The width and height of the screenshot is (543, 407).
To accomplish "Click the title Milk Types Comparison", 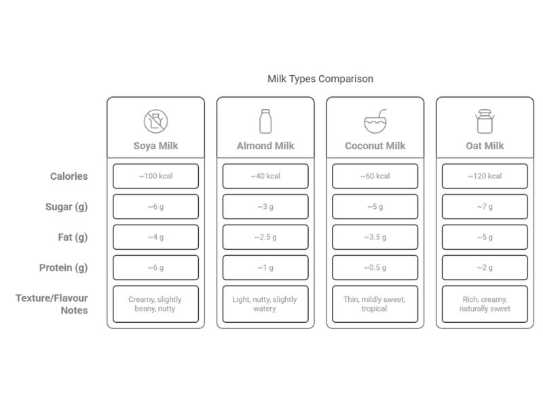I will pyautogui.click(x=320, y=79).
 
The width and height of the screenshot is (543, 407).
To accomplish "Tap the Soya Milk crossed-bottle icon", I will pyautogui.click(x=155, y=121).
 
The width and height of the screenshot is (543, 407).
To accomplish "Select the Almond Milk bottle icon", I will pyautogui.click(x=265, y=121).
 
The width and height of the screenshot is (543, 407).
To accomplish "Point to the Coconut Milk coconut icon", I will pyautogui.click(x=375, y=121).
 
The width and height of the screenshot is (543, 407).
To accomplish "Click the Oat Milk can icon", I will pyautogui.click(x=485, y=121).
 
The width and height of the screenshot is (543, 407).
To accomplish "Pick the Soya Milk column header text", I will pyautogui.click(x=155, y=146).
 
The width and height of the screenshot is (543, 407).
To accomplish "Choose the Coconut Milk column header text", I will pyautogui.click(x=375, y=146).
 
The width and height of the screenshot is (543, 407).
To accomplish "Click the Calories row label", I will pyautogui.click(x=69, y=176).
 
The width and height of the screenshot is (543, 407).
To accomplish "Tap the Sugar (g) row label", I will pyautogui.click(x=67, y=207).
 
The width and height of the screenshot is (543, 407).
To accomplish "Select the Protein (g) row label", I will pyautogui.click(x=63, y=268).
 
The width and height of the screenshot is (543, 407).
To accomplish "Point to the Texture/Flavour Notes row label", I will pyautogui.click(x=52, y=304).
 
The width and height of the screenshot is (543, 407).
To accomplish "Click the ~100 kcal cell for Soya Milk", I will pyautogui.click(x=155, y=176).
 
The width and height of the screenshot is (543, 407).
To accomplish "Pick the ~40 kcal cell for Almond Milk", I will pyautogui.click(x=265, y=176).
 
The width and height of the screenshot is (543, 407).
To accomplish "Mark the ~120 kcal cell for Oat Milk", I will pyautogui.click(x=485, y=176).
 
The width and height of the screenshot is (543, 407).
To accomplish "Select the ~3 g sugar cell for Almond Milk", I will pyautogui.click(x=265, y=207).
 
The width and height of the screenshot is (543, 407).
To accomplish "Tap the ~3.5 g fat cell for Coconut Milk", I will pyautogui.click(x=375, y=237).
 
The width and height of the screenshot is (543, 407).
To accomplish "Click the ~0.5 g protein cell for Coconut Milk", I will pyautogui.click(x=375, y=268).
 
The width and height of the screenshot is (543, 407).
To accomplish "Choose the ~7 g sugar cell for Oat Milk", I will pyautogui.click(x=485, y=207).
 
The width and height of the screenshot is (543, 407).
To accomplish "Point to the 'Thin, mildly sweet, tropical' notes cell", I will pyautogui.click(x=375, y=304).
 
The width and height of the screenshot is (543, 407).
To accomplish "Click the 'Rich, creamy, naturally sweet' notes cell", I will pyautogui.click(x=485, y=304).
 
